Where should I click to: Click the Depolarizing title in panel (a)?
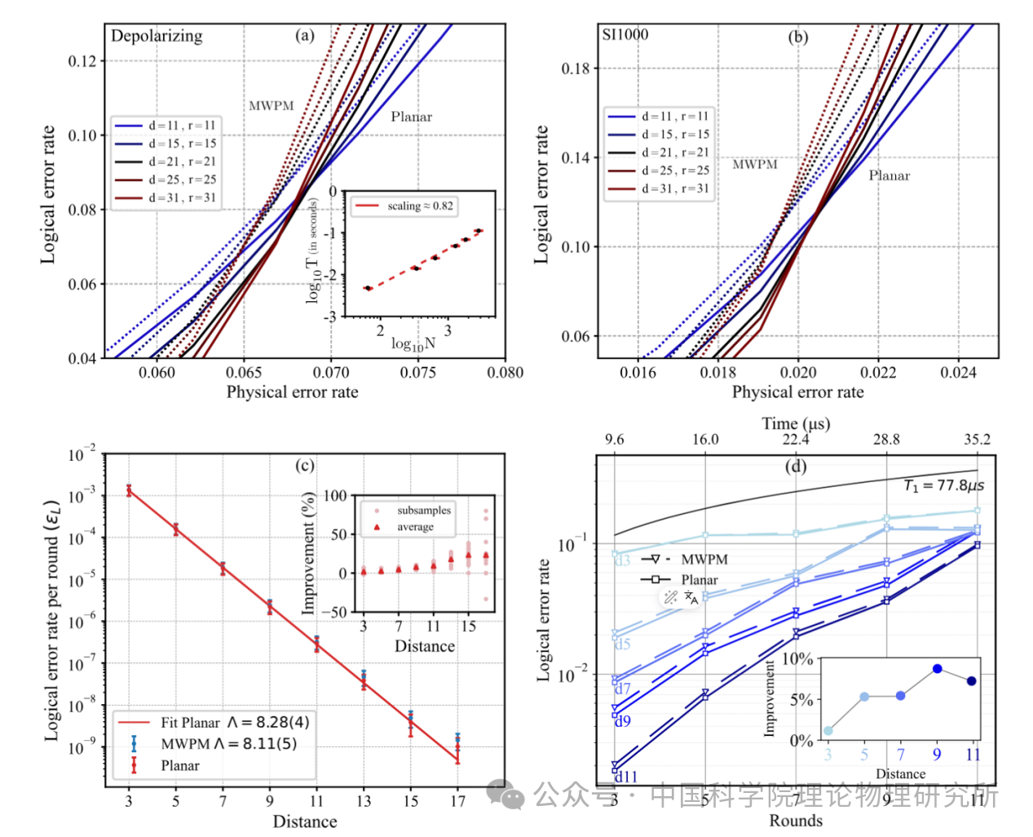[x=157, y=36]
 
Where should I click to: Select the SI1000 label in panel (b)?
[x=625, y=34]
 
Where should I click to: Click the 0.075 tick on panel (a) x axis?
[x=417, y=373]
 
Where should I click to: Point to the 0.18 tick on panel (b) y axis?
[x=575, y=69]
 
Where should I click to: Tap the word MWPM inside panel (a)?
[x=271, y=106]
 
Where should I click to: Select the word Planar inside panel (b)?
[x=889, y=175]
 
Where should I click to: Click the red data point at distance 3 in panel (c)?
[x=129, y=490]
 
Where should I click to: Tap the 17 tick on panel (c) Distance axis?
[x=457, y=801]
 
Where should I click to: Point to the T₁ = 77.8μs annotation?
[x=943, y=485]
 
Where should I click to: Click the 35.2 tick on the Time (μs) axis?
[x=977, y=439]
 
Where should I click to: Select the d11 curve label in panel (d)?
[x=625, y=777]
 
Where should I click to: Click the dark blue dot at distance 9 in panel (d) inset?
[x=938, y=668]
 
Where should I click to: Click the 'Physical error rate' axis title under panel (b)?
[x=797, y=392]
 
